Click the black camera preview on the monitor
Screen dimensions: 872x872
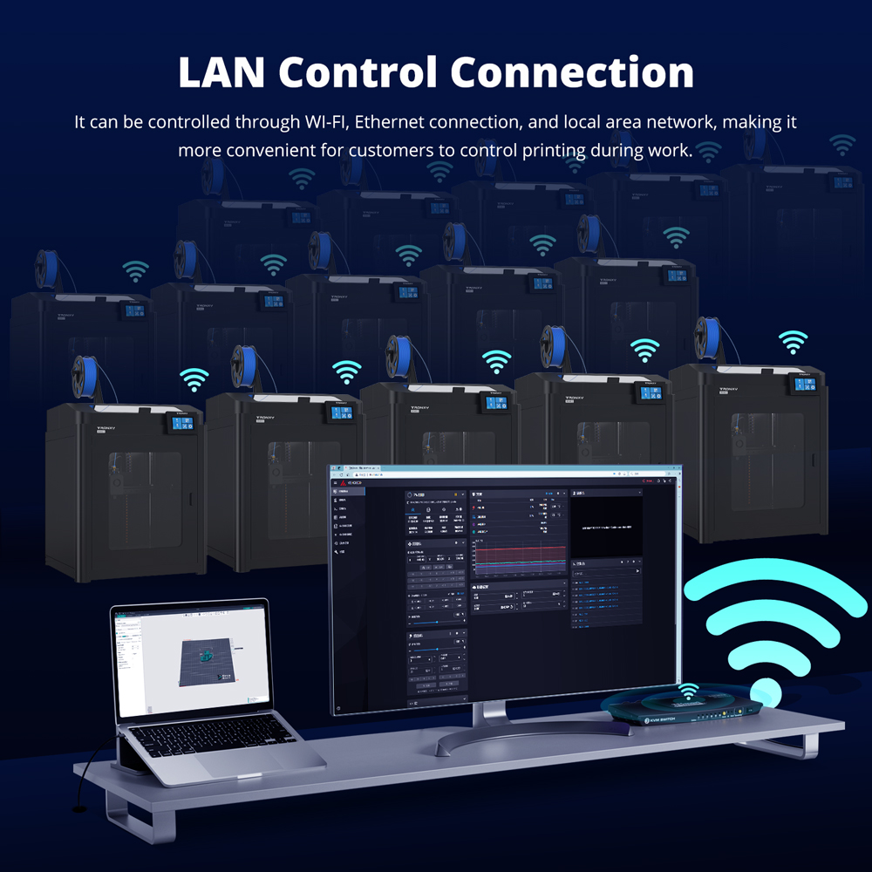click(x=606, y=528)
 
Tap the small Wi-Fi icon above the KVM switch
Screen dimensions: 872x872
click(x=688, y=691)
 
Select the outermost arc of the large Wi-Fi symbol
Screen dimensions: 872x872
click(x=776, y=580)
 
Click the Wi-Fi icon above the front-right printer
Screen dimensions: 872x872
click(x=793, y=341)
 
